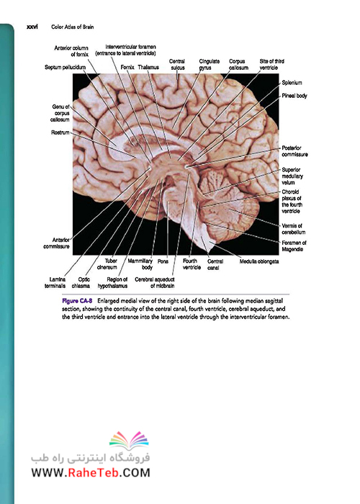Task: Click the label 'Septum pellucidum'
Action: tap(66, 67)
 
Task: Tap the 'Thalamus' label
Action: tap(148, 67)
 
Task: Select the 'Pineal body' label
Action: tap(294, 96)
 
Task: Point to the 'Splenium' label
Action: tap(292, 83)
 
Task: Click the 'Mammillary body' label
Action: tap(140, 264)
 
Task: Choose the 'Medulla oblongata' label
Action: tap(259, 261)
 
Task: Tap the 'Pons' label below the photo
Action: tap(163, 261)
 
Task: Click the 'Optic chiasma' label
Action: tap(81, 282)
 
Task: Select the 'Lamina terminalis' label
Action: tap(55, 282)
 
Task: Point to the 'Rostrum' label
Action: tap(60, 132)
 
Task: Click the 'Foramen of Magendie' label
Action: tap(294, 246)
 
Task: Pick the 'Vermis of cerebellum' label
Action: tap(294, 229)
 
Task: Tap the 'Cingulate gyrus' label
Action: tap(210, 64)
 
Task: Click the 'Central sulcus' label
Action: tap(177, 64)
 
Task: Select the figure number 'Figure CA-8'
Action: tap(77, 301)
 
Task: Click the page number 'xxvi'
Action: tap(32, 27)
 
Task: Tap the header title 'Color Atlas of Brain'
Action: tap(73, 27)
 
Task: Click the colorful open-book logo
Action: tap(129, 441)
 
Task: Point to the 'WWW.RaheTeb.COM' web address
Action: tap(91, 473)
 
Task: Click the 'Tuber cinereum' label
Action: tap(107, 264)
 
